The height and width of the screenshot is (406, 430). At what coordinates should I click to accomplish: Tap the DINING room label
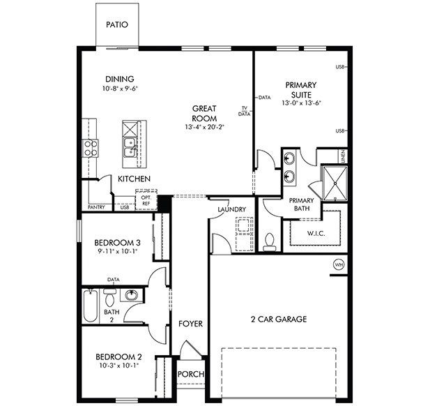coord(119,80)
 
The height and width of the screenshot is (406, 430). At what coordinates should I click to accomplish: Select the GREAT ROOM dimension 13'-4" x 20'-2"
coord(204,128)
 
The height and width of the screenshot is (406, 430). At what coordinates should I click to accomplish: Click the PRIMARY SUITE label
coord(301,89)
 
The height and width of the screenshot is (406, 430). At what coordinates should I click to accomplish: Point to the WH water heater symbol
coord(339,264)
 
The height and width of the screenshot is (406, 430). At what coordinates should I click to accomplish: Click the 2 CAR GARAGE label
coord(279,319)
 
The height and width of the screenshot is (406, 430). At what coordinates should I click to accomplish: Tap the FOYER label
coord(190,324)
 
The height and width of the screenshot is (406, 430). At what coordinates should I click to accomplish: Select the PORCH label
coord(191,375)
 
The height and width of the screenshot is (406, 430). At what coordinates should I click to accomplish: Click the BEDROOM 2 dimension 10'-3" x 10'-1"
coord(118,364)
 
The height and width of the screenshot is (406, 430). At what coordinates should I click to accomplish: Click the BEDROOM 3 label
coord(118,243)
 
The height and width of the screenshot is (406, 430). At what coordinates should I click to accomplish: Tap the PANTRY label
coord(96,207)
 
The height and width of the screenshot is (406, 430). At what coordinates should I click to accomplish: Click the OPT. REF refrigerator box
coord(146,200)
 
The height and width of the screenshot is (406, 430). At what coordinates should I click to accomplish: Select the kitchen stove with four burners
coord(90,146)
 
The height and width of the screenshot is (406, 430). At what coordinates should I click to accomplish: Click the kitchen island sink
coord(129,147)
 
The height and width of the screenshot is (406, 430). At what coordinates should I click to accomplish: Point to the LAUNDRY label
coord(231,209)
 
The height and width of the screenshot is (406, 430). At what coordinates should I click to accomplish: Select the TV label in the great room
coord(245,107)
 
